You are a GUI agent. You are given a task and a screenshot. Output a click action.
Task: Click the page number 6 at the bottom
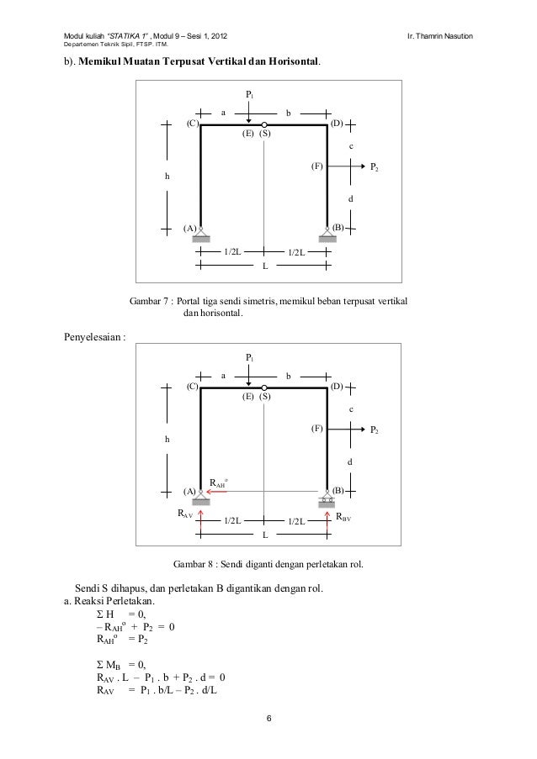pyautogui.click(x=268, y=719)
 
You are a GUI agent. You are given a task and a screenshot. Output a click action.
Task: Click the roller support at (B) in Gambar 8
pyautogui.click(x=327, y=500)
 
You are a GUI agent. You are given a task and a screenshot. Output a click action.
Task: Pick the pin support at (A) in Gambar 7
pyautogui.click(x=200, y=235)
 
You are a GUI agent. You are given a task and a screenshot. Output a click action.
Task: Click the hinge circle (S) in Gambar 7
pyautogui.click(x=263, y=124)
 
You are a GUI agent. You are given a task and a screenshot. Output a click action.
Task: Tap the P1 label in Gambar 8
pyautogui.click(x=250, y=358)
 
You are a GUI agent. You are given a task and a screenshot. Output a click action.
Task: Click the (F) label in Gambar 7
pyautogui.click(x=316, y=166)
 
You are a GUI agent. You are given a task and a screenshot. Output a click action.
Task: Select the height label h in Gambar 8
pyautogui.click(x=167, y=439)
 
